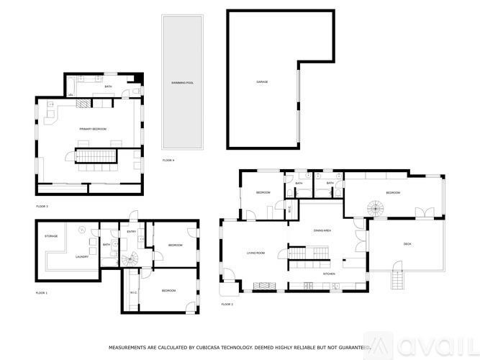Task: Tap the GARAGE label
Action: [262, 82]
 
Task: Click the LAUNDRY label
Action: [81, 256]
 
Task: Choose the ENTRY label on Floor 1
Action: [132, 231]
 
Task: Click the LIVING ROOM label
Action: [256, 253]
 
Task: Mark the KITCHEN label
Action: [328, 274]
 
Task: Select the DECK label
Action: [407, 244]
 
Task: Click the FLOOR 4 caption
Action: [168, 159]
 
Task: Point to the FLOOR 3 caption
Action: [42, 207]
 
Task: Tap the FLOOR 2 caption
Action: [227, 305]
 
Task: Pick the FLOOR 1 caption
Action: [42, 293]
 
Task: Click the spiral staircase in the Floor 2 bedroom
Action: [376, 208]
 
